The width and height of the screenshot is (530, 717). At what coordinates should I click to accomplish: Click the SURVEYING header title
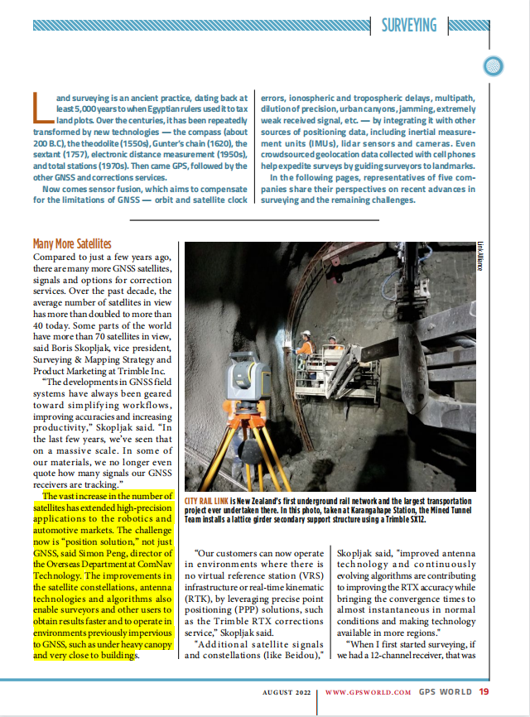point(409,25)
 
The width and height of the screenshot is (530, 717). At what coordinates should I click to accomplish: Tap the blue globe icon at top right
point(494,65)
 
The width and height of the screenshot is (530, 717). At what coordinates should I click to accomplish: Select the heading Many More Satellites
point(71,243)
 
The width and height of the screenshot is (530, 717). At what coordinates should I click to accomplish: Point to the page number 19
point(484,691)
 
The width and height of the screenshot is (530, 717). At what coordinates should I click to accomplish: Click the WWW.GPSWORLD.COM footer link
point(368,691)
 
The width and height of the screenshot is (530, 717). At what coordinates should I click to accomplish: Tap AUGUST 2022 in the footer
point(286,691)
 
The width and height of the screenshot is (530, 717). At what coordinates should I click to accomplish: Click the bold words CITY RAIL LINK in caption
point(206,502)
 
